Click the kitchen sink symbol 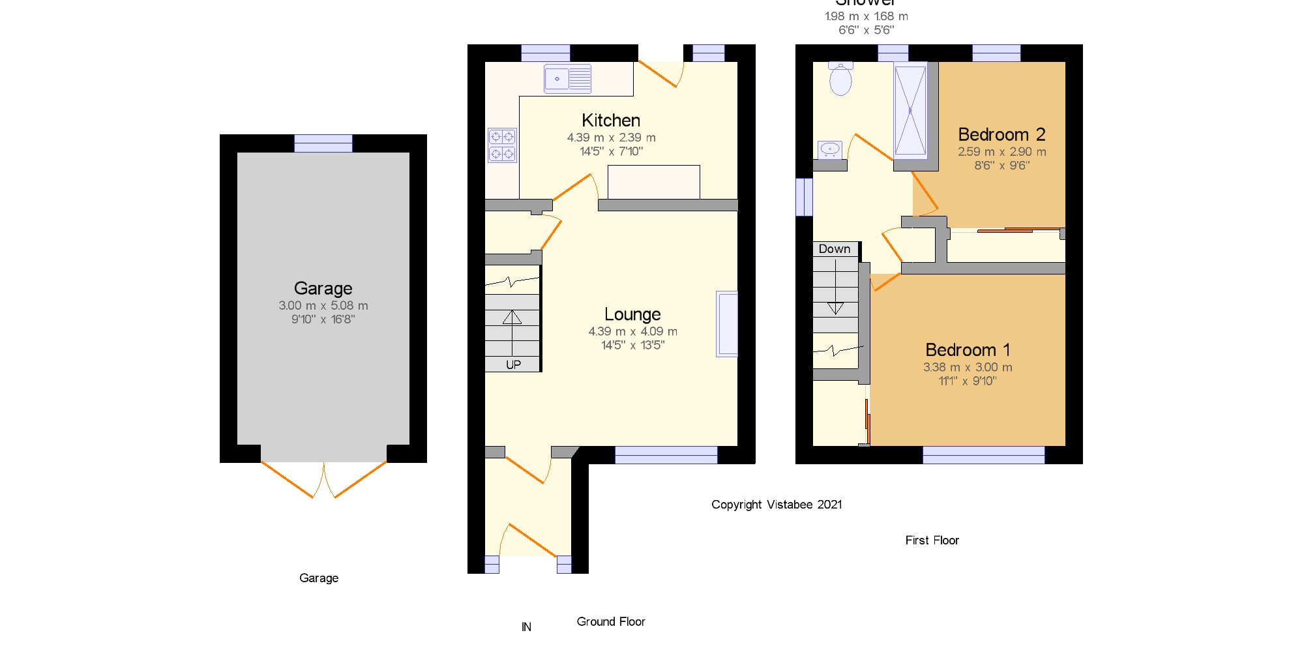coord(567,79)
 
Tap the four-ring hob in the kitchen coord(502,145)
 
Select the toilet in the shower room coord(840,79)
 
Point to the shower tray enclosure coord(910,111)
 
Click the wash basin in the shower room coord(830,149)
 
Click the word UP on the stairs coord(513,364)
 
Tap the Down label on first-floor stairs coord(835,249)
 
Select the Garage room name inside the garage coord(323,288)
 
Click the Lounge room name coord(632,314)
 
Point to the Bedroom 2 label coord(1001,134)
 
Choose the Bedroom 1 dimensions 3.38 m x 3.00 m coord(968,367)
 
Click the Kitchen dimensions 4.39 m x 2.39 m coord(611,138)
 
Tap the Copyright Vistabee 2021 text coord(776,505)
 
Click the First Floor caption coord(932,540)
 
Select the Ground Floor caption coord(610,621)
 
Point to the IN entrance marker coord(526,627)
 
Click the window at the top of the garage coord(323,143)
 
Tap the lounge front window coord(666,455)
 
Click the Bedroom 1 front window coord(983,455)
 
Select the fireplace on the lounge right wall coord(727,324)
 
